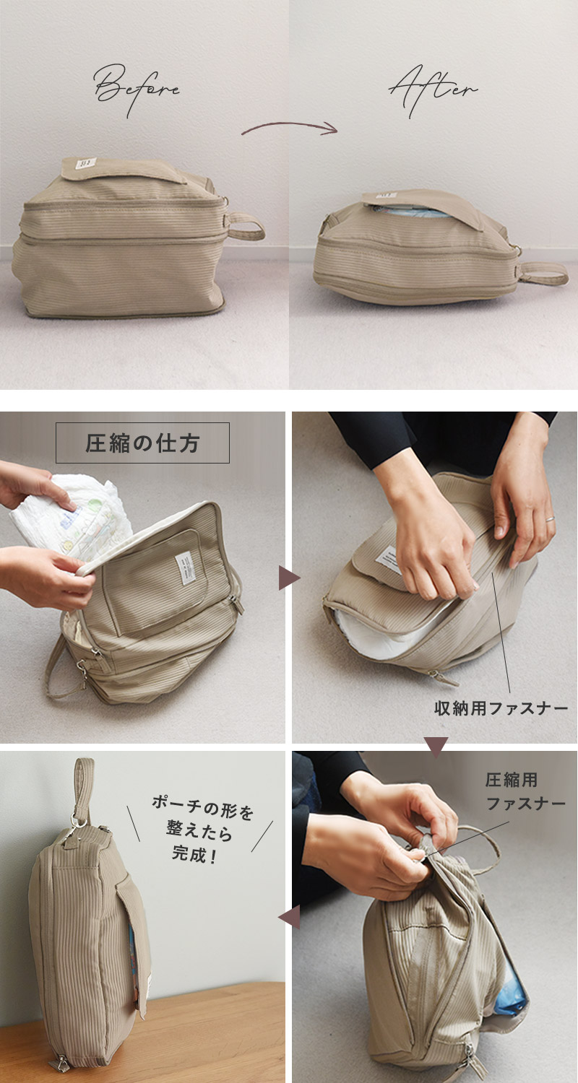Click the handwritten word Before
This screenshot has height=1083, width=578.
[137, 90]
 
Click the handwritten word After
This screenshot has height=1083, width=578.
[433, 90]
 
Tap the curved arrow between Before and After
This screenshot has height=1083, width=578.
[289, 126]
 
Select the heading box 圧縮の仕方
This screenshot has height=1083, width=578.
[142, 443]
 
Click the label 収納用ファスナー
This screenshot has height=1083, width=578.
[501, 709]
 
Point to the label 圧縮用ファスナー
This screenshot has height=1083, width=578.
[525, 791]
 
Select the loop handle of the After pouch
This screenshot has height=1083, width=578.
[544, 273]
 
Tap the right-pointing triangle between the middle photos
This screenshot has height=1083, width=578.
[289, 578]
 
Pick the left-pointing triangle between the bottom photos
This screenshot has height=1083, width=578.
[289, 917]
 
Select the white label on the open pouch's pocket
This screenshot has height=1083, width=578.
[184, 567]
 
